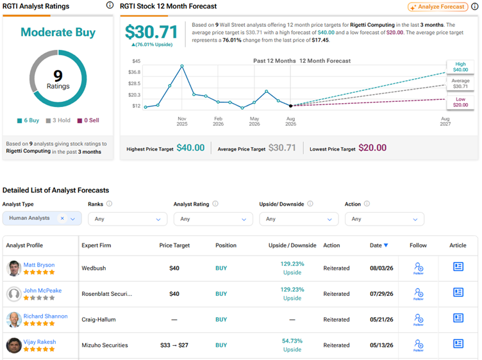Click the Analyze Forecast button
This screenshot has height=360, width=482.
click(x=438, y=7)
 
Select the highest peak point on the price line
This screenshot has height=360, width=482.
click(x=182, y=66)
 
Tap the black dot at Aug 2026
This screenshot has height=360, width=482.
click(x=290, y=106)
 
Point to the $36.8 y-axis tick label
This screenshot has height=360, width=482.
click(x=134, y=72)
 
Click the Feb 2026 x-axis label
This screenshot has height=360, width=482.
click(x=219, y=121)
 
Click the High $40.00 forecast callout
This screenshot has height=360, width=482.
click(x=460, y=67)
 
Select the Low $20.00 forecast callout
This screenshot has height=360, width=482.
click(x=460, y=102)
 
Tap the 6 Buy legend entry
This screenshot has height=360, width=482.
click(x=28, y=120)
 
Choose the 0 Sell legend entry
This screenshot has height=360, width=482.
click(x=88, y=120)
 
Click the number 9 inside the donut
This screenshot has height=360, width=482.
click(x=58, y=76)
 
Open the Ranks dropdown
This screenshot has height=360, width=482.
click(x=128, y=219)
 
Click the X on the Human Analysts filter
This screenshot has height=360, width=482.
click(x=62, y=218)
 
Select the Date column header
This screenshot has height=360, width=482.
click(x=379, y=245)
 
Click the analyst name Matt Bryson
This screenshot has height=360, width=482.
click(x=39, y=265)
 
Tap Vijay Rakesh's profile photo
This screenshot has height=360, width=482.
click(x=14, y=345)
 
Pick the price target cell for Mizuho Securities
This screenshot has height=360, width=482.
click(x=174, y=345)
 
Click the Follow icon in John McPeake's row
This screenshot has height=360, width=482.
click(x=419, y=294)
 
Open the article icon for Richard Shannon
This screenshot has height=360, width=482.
click(x=458, y=318)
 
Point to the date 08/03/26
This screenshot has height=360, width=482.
click(x=381, y=268)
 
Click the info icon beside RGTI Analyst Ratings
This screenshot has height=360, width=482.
click(x=110, y=5)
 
